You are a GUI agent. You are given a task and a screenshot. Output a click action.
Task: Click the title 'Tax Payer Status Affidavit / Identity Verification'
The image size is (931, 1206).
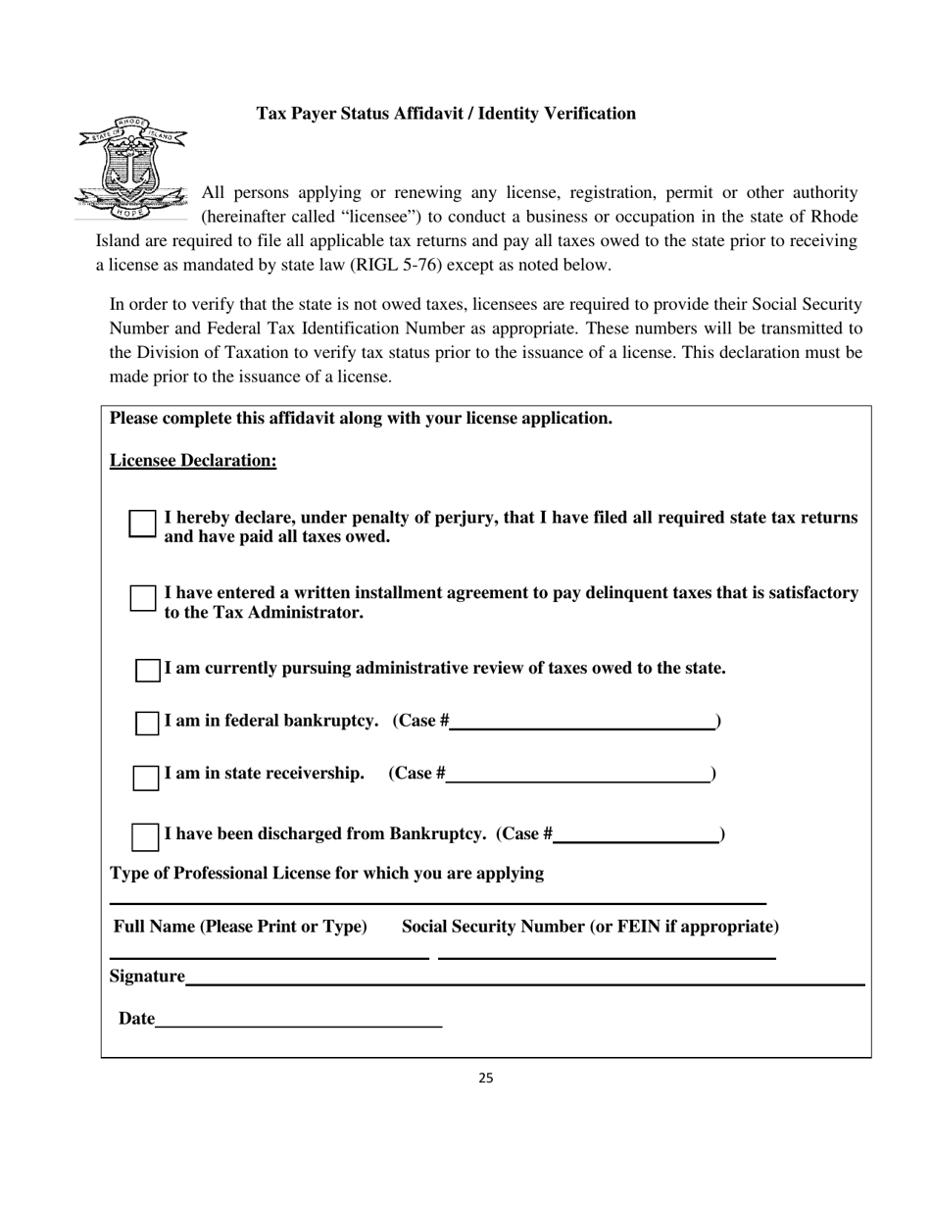pos(446,114)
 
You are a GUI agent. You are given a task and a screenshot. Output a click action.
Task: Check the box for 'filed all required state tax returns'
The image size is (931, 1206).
pos(143,524)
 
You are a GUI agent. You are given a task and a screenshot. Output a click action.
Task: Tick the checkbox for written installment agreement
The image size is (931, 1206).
pos(143,598)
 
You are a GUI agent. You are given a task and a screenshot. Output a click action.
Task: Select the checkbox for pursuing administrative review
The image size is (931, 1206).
pos(147,670)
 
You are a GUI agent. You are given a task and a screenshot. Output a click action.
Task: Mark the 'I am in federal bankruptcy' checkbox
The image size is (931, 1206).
pos(147,723)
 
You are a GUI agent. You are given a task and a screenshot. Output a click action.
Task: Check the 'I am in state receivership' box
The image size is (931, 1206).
pos(146,777)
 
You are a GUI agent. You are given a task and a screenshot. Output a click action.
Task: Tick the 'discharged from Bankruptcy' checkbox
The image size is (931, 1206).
pos(145,836)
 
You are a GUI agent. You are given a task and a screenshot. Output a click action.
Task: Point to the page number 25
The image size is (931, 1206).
pos(486,1079)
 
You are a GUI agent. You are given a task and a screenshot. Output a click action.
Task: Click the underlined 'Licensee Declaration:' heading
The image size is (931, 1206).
pos(193,461)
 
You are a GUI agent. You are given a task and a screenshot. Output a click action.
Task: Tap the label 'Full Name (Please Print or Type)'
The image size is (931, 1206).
pos(240,927)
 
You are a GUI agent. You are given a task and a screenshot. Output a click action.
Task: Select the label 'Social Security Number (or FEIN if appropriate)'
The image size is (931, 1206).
pos(590,927)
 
